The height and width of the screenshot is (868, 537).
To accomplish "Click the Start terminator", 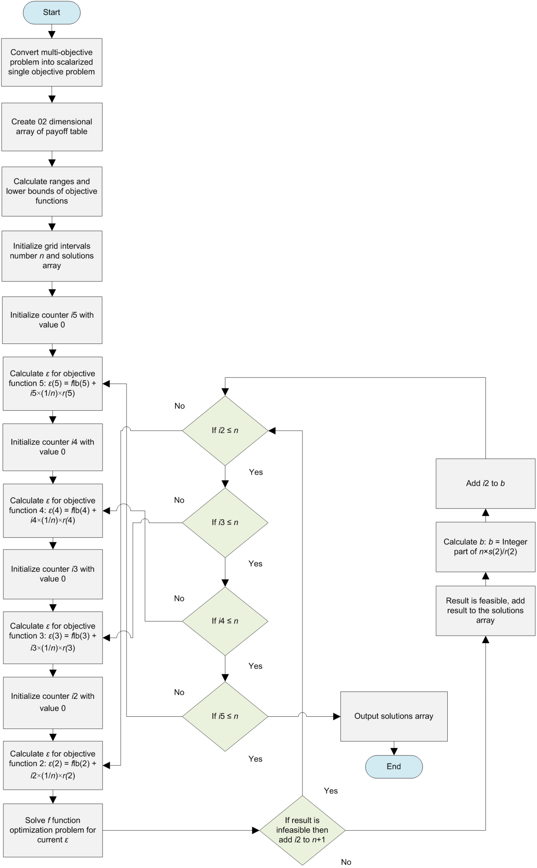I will pos(52,12).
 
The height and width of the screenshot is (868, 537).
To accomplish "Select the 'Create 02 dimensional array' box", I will pos(52,127).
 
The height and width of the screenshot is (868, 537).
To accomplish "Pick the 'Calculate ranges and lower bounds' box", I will pos(52,191).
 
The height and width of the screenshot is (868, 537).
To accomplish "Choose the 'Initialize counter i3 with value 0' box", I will pos(53,574).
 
